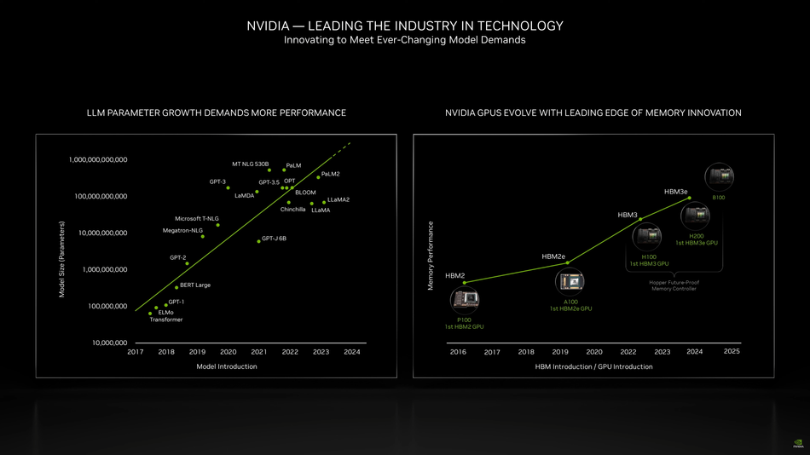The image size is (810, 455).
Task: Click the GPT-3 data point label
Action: [x=217, y=181]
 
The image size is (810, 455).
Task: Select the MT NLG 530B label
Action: [x=250, y=164]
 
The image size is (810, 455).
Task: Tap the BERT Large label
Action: [x=194, y=285]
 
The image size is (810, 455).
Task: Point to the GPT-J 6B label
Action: [x=274, y=239]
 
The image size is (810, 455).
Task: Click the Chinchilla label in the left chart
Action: [x=292, y=209]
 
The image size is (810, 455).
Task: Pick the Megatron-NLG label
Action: [x=182, y=230]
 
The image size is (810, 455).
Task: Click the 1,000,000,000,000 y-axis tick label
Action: [x=98, y=159]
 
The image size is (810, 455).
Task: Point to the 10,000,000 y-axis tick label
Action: [x=109, y=343]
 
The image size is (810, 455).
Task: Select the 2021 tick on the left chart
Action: [x=259, y=352]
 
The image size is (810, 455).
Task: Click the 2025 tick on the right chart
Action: [x=732, y=351]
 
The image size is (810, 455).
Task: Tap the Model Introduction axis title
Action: [x=226, y=366]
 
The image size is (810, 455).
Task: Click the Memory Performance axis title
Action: [x=431, y=256]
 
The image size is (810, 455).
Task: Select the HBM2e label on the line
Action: [x=553, y=256]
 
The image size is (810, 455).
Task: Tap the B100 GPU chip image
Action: [x=719, y=177]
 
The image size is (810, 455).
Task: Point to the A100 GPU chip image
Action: [x=570, y=281]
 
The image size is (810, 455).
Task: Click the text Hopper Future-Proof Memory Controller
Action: [x=674, y=285]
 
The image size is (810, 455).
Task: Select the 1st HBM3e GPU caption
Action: [x=697, y=243]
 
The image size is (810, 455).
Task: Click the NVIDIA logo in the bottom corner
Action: [x=798, y=444]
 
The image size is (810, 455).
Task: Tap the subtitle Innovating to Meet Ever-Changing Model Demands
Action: [x=404, y=40]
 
